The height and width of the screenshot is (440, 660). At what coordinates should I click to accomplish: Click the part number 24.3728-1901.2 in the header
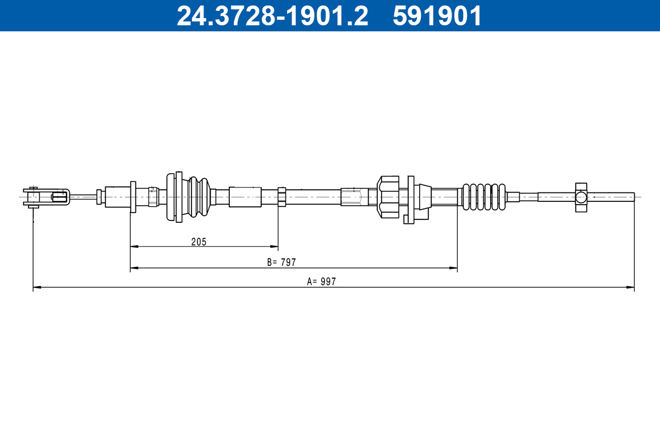[x=272, y=16]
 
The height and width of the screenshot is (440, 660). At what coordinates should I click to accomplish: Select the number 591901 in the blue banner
[x=437, y=16]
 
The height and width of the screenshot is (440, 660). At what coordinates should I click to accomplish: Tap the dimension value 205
[x=199, y=241]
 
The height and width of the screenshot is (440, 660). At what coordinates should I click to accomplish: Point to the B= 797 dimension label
[x=282, y=262]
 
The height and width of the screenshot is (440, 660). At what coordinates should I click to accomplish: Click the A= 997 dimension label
[x=321, y=282]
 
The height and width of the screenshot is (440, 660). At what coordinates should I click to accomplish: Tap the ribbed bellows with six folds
[x=483, y=196]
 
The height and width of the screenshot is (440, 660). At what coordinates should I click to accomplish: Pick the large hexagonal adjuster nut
[x=388, y=196]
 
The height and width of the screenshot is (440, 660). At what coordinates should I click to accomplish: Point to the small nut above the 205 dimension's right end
[x=282, y=196]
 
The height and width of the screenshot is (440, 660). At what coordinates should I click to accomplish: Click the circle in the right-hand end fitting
[x=581, y=196]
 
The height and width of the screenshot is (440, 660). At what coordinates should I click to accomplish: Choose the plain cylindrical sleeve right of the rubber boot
[x=245, y=196]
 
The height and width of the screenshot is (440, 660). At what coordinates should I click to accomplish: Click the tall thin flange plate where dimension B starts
[x=133, y=196]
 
